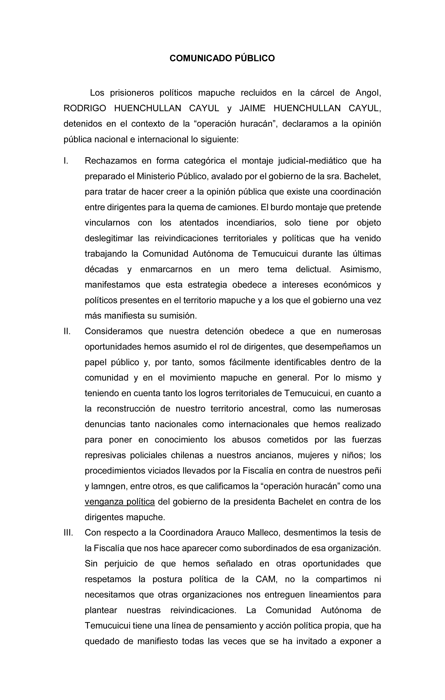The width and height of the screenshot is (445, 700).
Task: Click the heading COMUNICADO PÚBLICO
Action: coord(222,58)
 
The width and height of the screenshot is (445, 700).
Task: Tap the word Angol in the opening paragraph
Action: coord(368,93)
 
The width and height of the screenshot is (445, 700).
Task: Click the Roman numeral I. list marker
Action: coord(66,161)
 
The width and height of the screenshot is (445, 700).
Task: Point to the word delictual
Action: coord(313,269)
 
